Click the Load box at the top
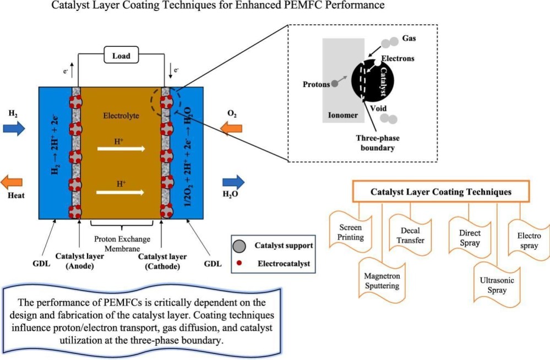click(x=121, y=55)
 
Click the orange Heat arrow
click(x=12, y=182)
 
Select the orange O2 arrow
click(x=232, y=128)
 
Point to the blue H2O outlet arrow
click(x=233, y=182)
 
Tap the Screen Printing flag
click(x=351, y=232)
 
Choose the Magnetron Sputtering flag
click(x=382, y=280)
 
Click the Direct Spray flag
click(x=469, y=238)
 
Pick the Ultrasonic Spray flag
click(x=497, y=285)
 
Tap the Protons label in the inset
click(x=315, y=84)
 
